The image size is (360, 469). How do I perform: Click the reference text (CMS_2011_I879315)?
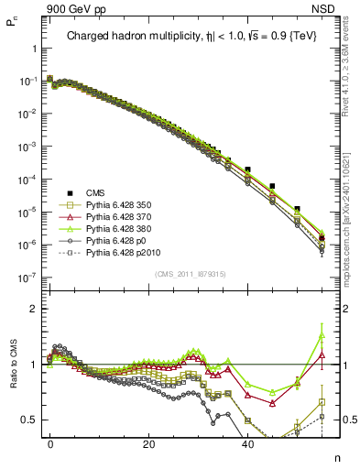pyautogui.click(x=192, y=273)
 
